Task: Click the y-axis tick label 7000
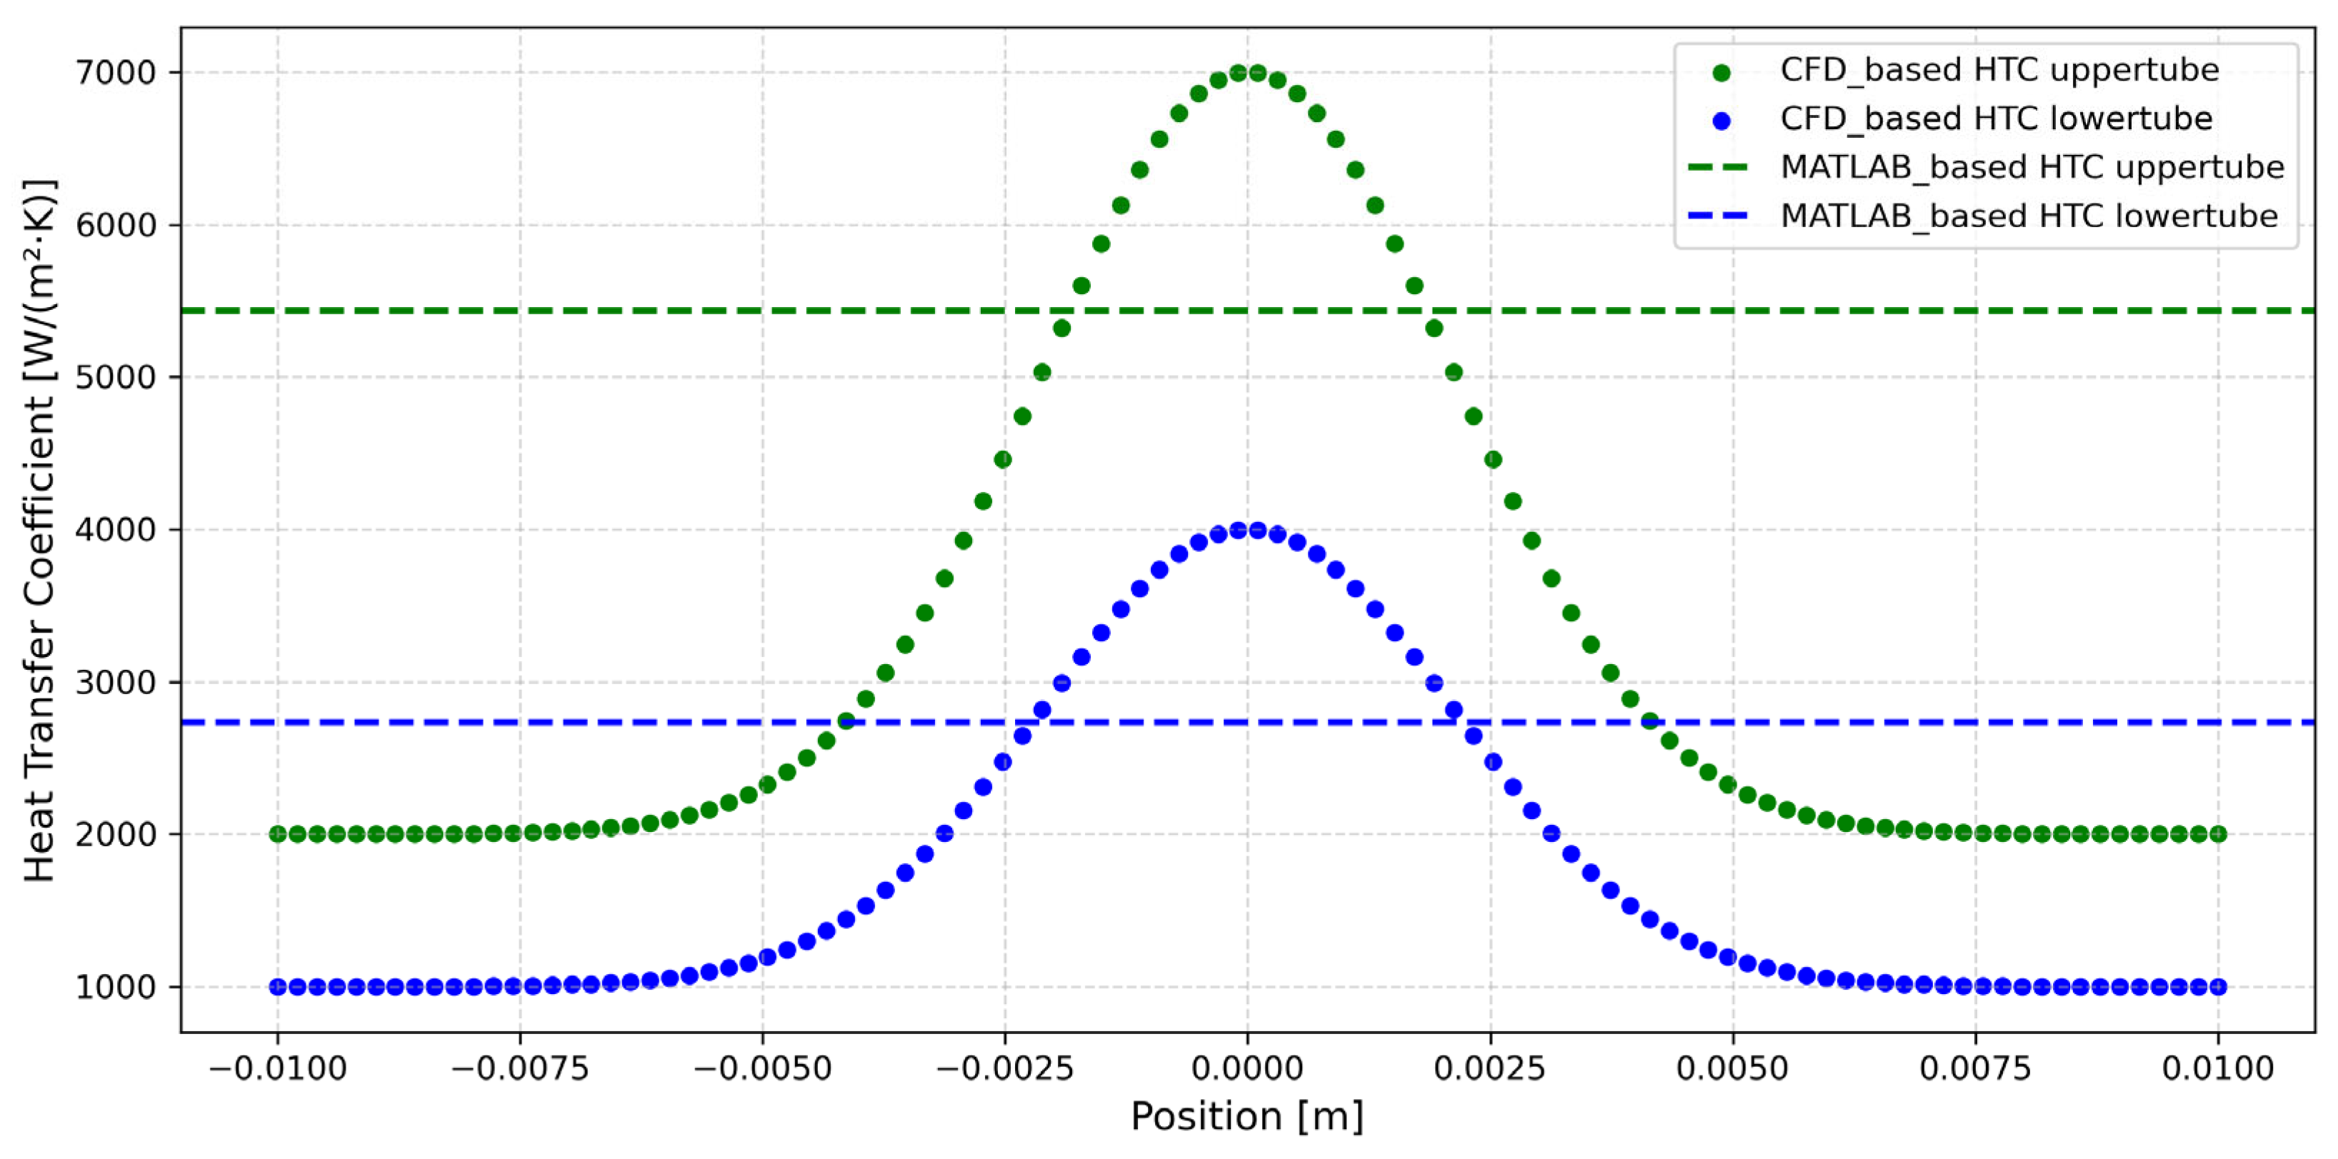coord(116,73)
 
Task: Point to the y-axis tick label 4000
coord(116,530)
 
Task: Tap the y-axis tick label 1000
coord(116,988)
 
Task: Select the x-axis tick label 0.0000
coord(1247,1068)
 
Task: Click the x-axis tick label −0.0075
coord(519,1068)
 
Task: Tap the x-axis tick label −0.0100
coord(277,1068)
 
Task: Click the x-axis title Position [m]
coord(1247,1116)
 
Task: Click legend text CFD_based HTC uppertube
coord(1999,70)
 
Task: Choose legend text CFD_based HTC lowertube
coord(1996,119)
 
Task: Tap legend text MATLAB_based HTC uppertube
coord(2032,168)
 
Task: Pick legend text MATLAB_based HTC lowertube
coord(2029,217)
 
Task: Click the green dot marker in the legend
coord(1721,71)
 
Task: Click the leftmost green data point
coord(278,834)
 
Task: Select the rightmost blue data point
coord(2218,988)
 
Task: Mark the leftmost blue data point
coord(278,988)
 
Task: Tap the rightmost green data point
coord(2218,834)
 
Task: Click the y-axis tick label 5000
coord(116,378)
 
